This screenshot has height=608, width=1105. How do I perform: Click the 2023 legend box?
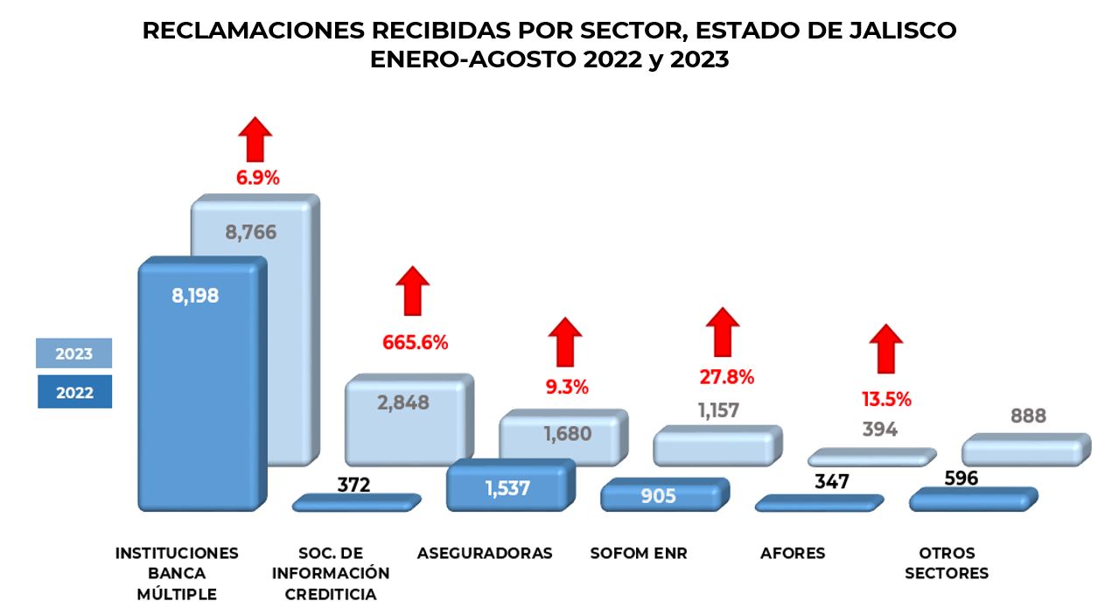pyautogui.click(x=74, y=354)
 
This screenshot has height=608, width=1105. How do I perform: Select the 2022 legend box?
pyautogui.click(x=74, y=393)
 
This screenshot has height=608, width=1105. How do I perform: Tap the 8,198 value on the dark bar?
pyautogui.click(x=195, y=296)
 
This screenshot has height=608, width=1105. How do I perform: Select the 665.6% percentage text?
pyautogui.click(x=415, y=342)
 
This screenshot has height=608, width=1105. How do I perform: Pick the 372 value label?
pyautogui.click(x=353, y=485)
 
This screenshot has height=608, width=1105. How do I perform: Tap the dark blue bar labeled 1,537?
pyautogui.click(x=507, y=487)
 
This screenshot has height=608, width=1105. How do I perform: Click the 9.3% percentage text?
pyautogui.click(x=567, y=386)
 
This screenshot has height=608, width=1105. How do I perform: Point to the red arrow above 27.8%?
pyautogui.click(x=723, y=332)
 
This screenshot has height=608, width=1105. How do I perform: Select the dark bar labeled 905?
pyautogui.click(x=661, y=495)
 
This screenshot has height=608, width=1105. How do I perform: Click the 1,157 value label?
pyautogui.click(x=718, y=410)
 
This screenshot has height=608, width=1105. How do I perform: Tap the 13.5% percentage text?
pyautogui.click(x=886, y=400)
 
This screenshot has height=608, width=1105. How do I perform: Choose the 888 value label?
pyautogui.click(x=1028, y=416)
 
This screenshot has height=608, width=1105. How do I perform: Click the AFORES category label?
pyautogui.click(x=793, y=554)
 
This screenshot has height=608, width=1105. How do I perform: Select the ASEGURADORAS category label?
pyautogui.click(x=485, y=554)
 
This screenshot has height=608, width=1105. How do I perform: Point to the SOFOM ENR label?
pyautogui.click(x=639, y=554)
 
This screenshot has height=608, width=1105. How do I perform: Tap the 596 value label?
pyautogui.click(x=961, y=479)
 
